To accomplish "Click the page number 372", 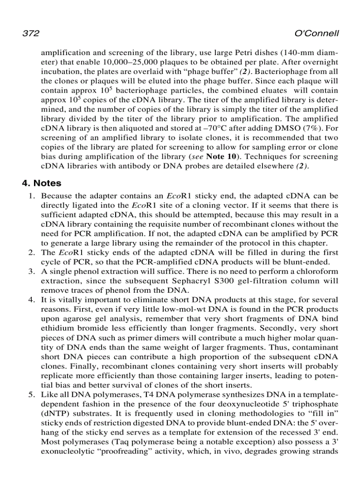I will [31, 34].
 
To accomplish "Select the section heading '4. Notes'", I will [42, 183].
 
